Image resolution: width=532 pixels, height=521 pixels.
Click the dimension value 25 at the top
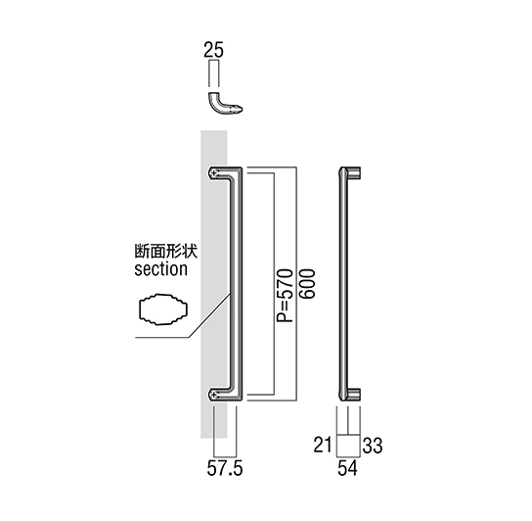[213, 50]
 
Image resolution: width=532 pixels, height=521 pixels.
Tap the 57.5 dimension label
[225, 469]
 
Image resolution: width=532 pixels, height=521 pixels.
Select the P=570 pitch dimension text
[285, 296]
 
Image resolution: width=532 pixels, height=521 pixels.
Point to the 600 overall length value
[307, 284]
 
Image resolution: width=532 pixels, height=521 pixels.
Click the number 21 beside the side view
[323, 445]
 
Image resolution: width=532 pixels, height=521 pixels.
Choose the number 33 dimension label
[373, 446]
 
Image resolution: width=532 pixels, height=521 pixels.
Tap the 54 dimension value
[348, 468]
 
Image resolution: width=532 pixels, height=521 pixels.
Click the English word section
[160, 269]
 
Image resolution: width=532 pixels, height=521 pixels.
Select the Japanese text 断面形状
[166, 252]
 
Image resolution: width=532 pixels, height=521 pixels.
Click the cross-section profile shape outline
[139, 309]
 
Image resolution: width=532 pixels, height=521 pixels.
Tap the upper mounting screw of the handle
[213, 173]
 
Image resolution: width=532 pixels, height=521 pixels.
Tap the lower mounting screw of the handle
[213, 395]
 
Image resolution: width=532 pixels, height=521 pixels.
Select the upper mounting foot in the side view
[354, 172]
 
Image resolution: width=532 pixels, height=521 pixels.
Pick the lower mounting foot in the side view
[354, 395]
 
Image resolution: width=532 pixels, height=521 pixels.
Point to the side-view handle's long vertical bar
[343, 284]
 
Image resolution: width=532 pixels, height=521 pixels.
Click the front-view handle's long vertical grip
[238, 284]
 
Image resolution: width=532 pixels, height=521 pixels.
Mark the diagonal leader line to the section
[209, 315]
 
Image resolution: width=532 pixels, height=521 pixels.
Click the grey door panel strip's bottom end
[214, 438]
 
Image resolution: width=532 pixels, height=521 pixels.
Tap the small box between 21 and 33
[348, 446]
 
